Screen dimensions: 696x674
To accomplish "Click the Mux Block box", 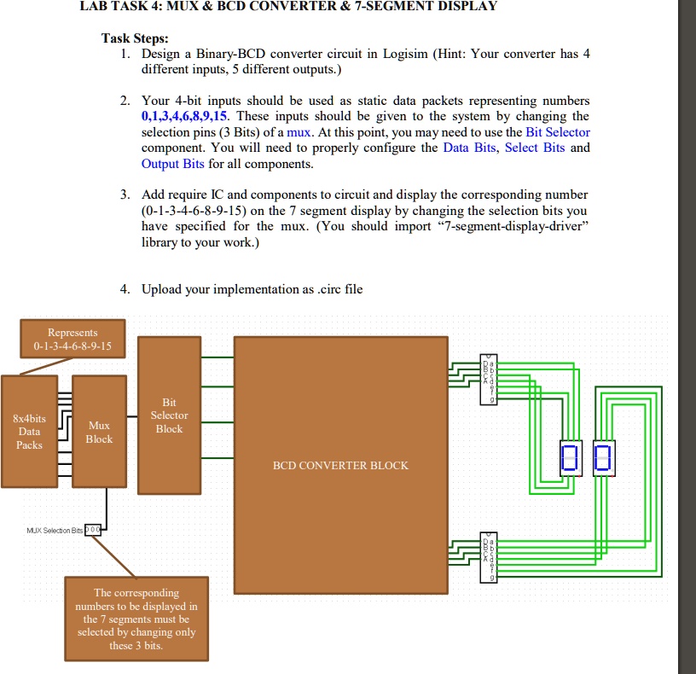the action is click(x=99, y=432).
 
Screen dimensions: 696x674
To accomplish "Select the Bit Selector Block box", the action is click(x=169, y=415).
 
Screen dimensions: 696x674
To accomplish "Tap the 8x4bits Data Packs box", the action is click(x=29, y=432).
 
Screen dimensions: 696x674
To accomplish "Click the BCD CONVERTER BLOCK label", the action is click(x=340, y=465).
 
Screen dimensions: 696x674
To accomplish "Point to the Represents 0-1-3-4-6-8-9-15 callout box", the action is click(x=72, y=339).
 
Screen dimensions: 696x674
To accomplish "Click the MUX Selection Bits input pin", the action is click(x=93, y=530).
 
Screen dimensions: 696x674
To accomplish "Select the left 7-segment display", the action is click(x=571, y=458).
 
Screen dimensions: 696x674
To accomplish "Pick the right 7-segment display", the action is click(x=604, y=458).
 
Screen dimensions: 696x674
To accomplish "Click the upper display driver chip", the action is click(x=489, y=379).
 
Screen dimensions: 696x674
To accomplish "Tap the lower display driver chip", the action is click(x=489, y=557).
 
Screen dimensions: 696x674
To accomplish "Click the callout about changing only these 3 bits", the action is click(x=136, y=619).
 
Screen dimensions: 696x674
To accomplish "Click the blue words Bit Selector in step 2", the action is click(x=558, y=132).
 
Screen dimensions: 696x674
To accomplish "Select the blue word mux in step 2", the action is click(x=299, y=133).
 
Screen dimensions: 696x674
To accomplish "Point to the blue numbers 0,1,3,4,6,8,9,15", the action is click(x=184, y=116).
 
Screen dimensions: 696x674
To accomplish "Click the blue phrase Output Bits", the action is click(x=172, y=164).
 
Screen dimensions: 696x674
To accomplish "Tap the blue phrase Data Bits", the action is click(x=469, y=148).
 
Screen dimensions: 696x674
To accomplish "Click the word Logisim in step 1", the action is click(x=405, y=54).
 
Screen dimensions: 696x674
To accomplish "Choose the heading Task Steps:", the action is click(x=135, y=38).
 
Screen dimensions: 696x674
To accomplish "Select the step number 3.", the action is click(x=125, y=195).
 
